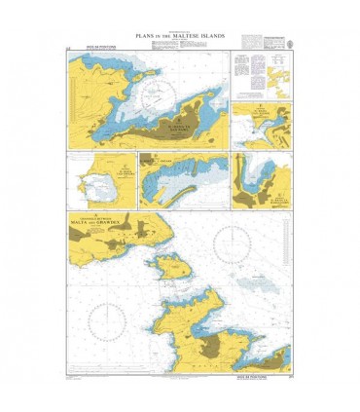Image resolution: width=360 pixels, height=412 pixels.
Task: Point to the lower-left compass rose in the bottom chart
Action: coord(106,319)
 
